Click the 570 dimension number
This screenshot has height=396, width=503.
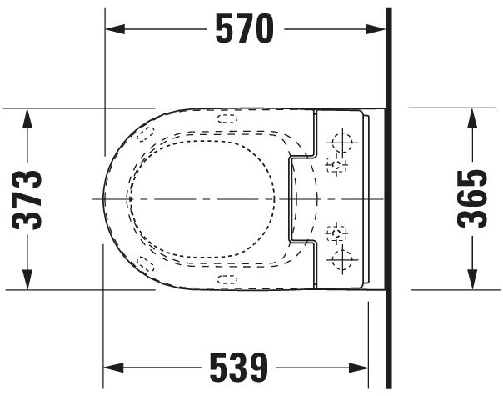tap(245, 29)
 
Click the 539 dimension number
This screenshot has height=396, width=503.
tap(239, 368)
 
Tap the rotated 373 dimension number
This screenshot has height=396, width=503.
tap(27, 199)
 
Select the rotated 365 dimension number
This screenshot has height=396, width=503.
tap(472, 199)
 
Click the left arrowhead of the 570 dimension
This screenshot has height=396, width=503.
tap(115, 29)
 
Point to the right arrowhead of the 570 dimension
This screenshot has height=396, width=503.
tap(376, 29)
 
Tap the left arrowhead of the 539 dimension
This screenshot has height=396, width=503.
tap(113, 368)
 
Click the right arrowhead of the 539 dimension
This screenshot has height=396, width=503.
tap(359, 368)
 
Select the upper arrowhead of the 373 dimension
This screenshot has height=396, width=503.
tap(27, 118)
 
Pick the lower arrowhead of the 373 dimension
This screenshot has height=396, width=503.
tap(27, 280)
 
